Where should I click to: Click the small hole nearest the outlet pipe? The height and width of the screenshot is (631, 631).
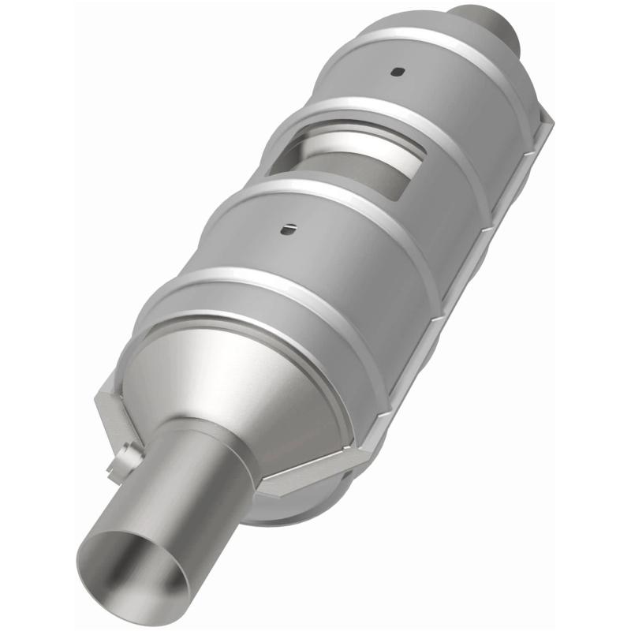(x=397, y=72)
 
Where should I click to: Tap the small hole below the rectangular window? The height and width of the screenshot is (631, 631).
(x=288, y=229)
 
